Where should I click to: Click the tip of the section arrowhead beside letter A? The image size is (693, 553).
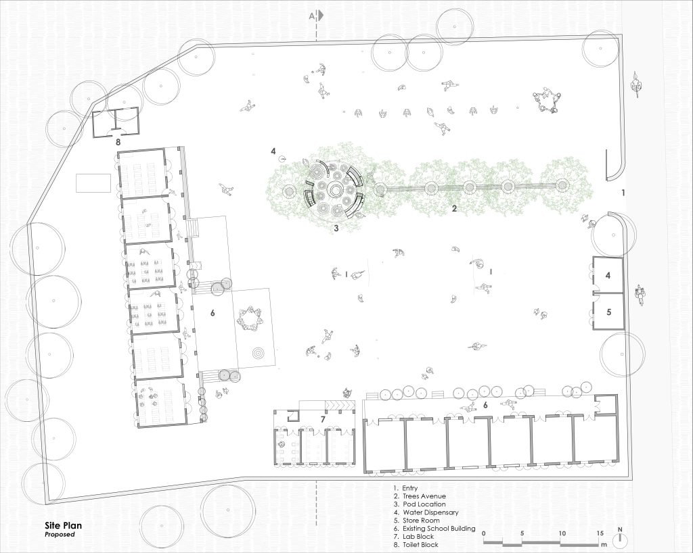coord(325,16)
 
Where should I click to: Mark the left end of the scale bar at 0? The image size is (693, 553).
coord(483,539)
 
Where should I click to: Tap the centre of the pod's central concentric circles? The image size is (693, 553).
coord(335,191)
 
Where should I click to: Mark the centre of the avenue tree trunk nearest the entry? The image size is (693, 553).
coord(561,185)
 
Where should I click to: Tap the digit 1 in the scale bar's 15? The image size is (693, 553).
coord(598,533)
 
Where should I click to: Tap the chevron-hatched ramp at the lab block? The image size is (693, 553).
coord(340,405)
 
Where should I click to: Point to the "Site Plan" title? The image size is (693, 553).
coord(63,526)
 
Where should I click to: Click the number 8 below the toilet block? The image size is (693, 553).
coord(118,142)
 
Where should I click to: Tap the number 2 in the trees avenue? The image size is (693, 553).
coord(454,209)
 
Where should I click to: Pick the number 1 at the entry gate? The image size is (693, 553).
coord(623,193)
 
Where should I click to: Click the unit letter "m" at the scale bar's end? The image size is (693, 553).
coord(604,539)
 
